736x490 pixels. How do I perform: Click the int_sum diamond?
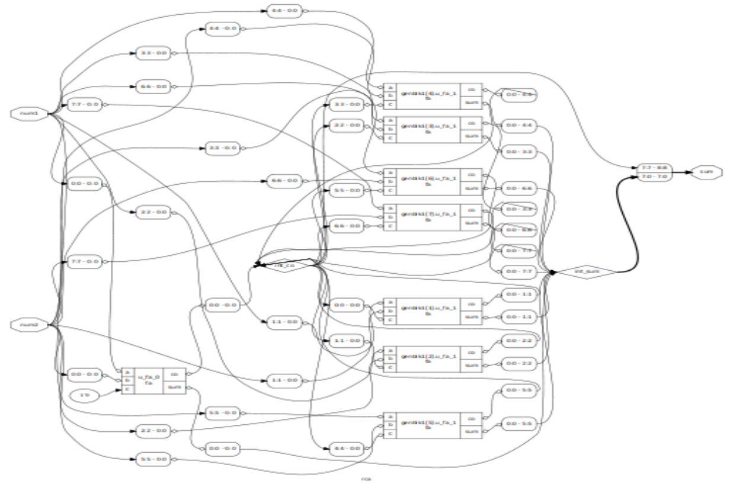[586, 272]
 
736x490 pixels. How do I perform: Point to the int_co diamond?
[286, 265]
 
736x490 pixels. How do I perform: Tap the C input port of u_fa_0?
[126, 389]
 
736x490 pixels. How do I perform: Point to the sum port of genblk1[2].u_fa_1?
[472, 365]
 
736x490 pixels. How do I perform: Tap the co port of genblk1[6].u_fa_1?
[472, 175]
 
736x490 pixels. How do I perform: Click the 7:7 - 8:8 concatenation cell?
[655, 168]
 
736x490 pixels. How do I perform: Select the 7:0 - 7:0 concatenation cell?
[655, 177]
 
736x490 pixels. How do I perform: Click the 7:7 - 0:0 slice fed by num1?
[84, 104]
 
